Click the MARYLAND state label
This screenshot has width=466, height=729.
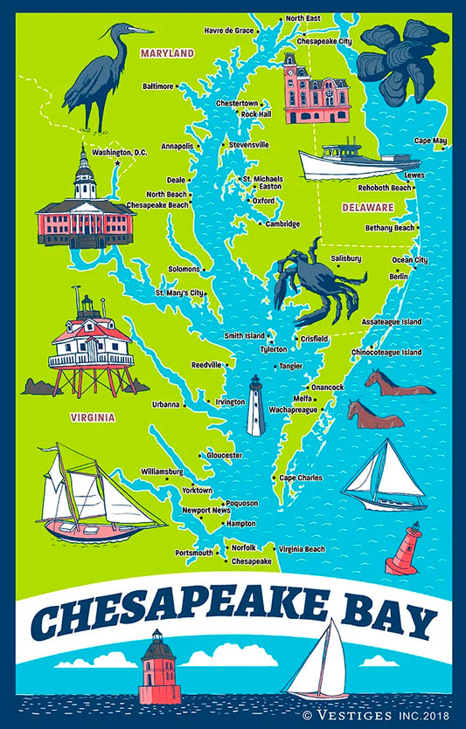(167, 53)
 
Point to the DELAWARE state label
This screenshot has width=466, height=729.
(367, 207)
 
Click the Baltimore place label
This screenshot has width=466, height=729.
(158, 86)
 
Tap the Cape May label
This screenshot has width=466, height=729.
(430, 141)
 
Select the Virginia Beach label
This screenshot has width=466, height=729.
(302, 549)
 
